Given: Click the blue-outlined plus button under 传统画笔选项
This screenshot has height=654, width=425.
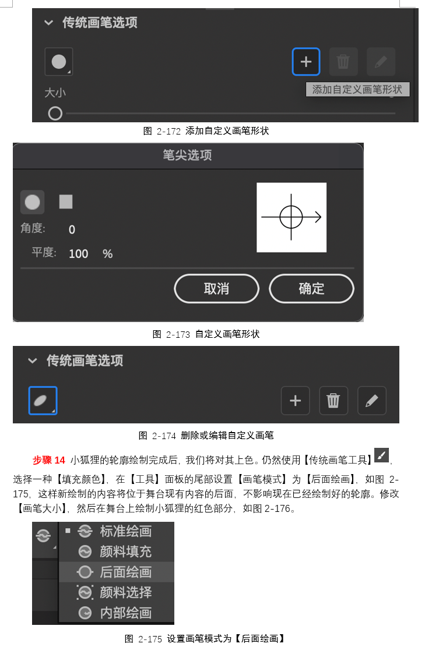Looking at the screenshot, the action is click(306, 62).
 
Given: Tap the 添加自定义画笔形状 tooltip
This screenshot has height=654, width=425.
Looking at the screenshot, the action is click(357, 89).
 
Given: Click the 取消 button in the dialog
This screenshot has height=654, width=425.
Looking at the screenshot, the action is click(217, 289).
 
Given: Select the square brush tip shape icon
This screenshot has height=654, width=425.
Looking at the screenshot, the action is click(66, 202).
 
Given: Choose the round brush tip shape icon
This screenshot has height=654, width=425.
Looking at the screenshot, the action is click(33, 202).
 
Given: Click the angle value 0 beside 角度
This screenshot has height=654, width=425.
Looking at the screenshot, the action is click(72, 230).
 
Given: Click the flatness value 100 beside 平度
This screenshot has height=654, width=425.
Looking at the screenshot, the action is click(79, 254).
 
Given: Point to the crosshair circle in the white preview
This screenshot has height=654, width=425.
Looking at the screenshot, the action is click(291, 217).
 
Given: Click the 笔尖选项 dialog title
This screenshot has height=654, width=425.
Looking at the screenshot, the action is click(188, 155).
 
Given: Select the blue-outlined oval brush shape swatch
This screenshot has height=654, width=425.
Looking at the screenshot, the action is click(43, 401).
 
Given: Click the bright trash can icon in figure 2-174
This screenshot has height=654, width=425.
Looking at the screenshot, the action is click(333, 401).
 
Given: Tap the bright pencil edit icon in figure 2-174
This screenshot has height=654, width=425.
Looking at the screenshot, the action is click(372, 401).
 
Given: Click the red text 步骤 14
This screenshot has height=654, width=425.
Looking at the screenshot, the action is click(49, 460).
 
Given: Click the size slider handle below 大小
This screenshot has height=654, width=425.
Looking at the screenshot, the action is click(55, 114).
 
